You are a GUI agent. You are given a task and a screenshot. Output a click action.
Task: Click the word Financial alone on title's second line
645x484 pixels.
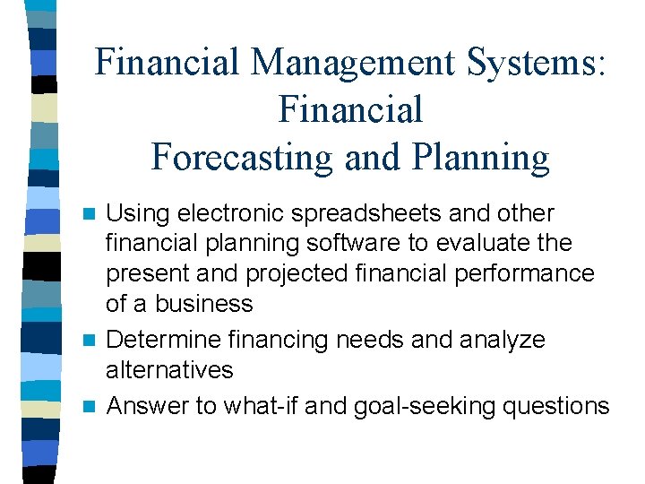coord(350,109)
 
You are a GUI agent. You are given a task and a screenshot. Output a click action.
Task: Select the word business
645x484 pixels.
coord(204,304)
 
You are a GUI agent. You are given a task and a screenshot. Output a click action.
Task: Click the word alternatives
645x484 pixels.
coord(169,369)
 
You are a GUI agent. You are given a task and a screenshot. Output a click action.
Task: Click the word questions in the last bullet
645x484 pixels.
coord(555,406)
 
